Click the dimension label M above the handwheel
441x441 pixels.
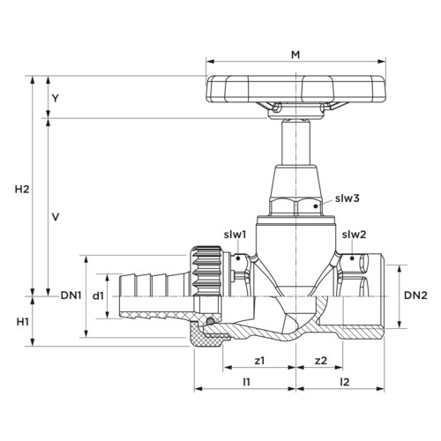click(x=295, y=55)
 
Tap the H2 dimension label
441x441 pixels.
click(x=22, y=190)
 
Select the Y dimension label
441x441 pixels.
click(x=56, y=99)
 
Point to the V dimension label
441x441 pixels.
click(x=56, y=217)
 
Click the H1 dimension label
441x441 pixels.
click(x=22, y=322)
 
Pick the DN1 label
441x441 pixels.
click(x=71, y=295)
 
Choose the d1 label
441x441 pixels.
click(x=98, y=296)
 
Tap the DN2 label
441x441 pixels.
click(x=415, y=295)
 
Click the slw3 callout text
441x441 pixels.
click(x=348, y=198)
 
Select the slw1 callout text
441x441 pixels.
click(x=235, y=235)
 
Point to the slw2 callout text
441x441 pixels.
click(x=354, y=235)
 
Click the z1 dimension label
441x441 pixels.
click(x=259, y=361)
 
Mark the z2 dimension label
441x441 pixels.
click(x=321, y=361)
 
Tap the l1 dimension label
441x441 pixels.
click(x=246, y=382)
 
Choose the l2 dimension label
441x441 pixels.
click(x=344, y=382)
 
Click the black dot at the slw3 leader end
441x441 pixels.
click(x=316, y=206)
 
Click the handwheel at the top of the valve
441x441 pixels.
click(x=295, y=89)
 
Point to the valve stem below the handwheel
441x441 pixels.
click(x=295, y=143)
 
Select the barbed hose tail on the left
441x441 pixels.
click(x=156, y=296)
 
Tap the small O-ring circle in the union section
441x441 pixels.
click(x=210, y=321)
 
